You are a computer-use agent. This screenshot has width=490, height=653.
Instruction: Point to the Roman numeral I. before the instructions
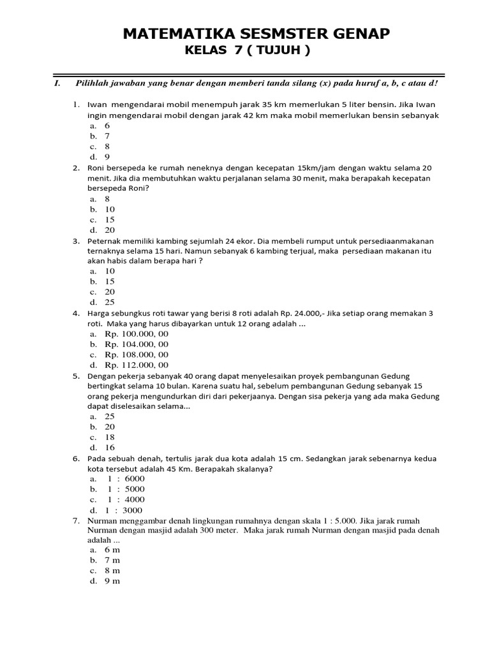click(x=57, y=84)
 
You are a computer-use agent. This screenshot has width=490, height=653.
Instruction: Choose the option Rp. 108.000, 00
click(x=137, y=355)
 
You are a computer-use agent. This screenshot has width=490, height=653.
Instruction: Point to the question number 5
click(x=75, y=376)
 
